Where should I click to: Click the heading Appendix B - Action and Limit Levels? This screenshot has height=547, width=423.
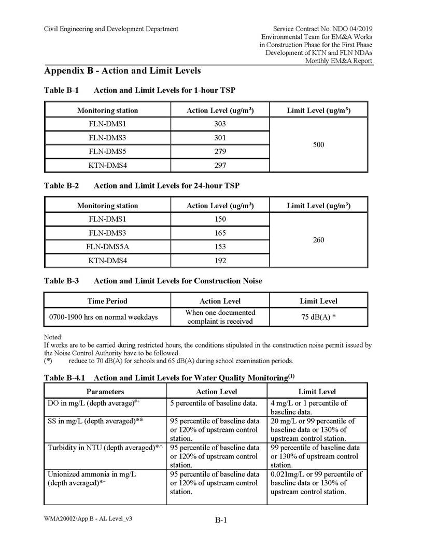[122, 70]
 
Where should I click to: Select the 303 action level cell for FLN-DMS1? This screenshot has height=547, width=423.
[220, 124]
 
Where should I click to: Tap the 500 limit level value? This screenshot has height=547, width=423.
[319, 145]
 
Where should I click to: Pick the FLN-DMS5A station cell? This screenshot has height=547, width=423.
[107, 247]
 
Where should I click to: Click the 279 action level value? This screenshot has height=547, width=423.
[220, 152]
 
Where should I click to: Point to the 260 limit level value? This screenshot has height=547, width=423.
[319, 240]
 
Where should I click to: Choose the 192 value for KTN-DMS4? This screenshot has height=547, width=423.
[220, 261]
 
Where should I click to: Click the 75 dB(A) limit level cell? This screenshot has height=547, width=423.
[318, 317]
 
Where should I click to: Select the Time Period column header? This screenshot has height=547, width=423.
[107, 301]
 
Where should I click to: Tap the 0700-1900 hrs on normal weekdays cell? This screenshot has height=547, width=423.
[104, 317]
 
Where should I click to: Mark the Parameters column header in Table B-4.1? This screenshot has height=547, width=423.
[105, 392]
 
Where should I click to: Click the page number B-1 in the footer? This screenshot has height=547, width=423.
[221, 521]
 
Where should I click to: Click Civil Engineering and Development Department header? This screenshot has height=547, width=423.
[111, 29]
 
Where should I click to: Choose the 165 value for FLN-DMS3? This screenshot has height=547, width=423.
[220, 233]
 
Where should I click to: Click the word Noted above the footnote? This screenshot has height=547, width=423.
[53, 337]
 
